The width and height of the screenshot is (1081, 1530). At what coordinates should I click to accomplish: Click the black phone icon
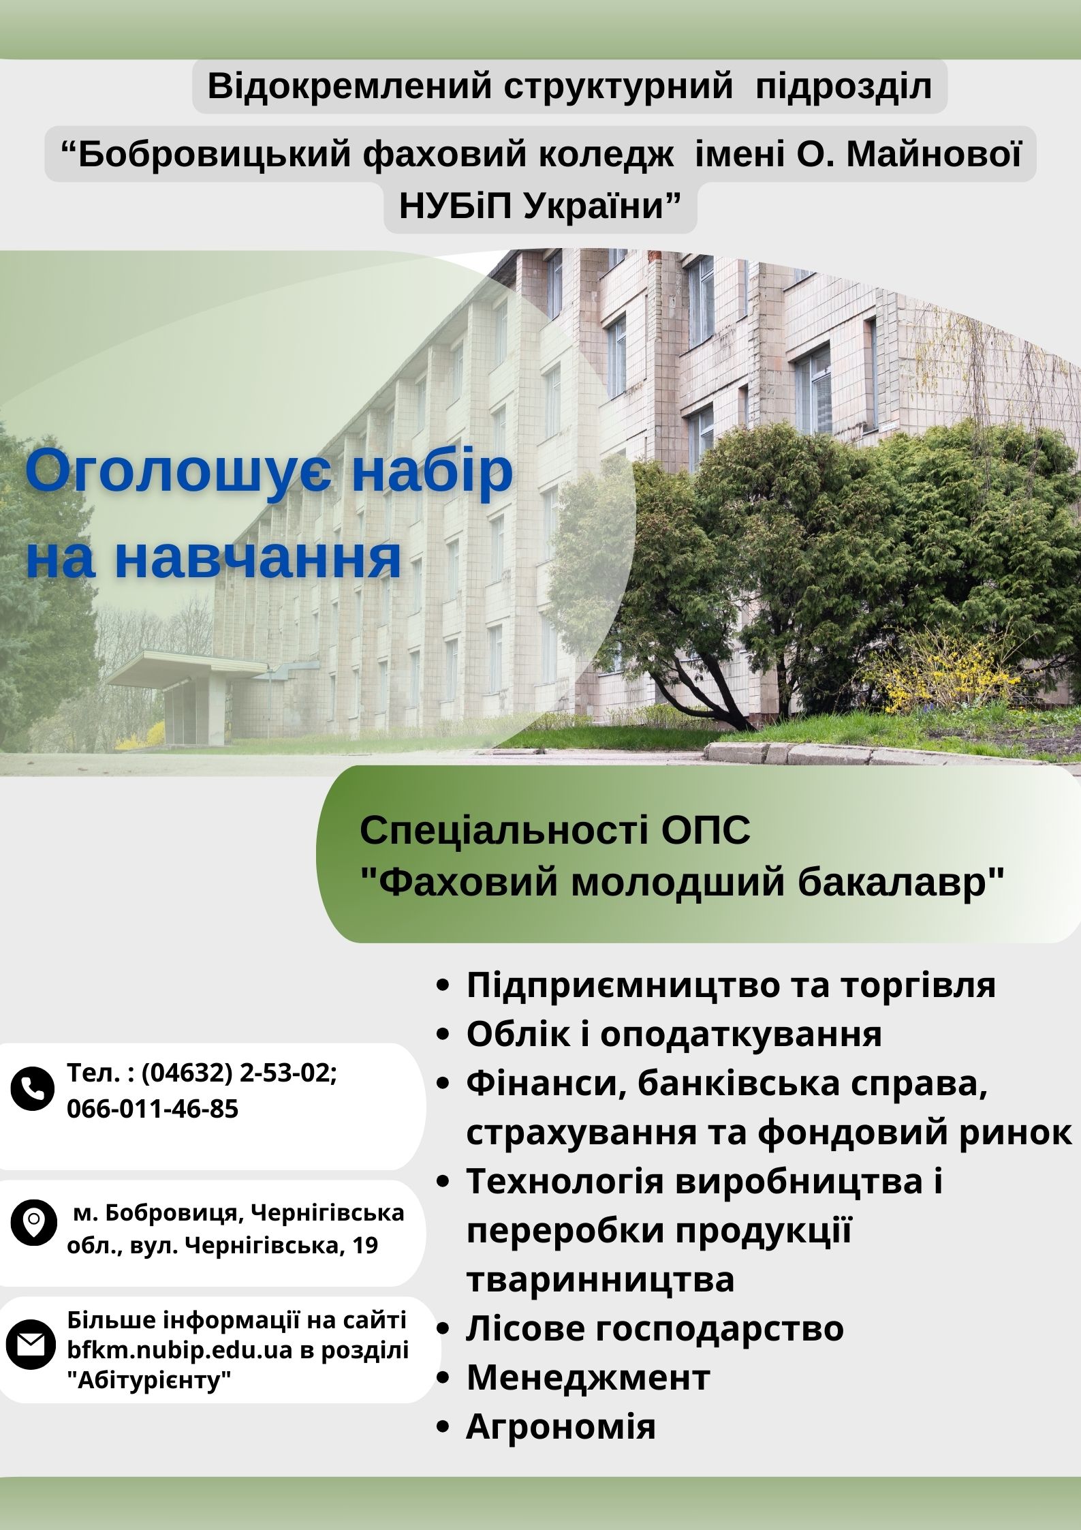click(32, 1088)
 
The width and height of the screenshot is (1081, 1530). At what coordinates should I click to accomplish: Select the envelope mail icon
click(31, 1345)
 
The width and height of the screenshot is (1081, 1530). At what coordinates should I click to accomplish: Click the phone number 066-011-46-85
click(153, 1109)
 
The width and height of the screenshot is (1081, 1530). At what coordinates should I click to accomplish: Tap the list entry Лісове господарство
click(655, 1328)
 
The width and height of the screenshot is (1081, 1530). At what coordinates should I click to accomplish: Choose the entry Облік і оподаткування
click(674, 1034)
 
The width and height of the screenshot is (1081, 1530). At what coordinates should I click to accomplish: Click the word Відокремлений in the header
click(349, 87)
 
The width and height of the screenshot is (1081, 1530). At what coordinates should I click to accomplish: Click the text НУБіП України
click(539, 206)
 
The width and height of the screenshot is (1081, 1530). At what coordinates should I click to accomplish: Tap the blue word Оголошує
click(179, 472)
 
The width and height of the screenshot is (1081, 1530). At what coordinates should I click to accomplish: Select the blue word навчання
click(257, 559)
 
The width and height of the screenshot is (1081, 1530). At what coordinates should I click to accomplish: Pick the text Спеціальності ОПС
click(554, 830)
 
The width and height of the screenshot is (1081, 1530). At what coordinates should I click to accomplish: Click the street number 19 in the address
click(366, 1246)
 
